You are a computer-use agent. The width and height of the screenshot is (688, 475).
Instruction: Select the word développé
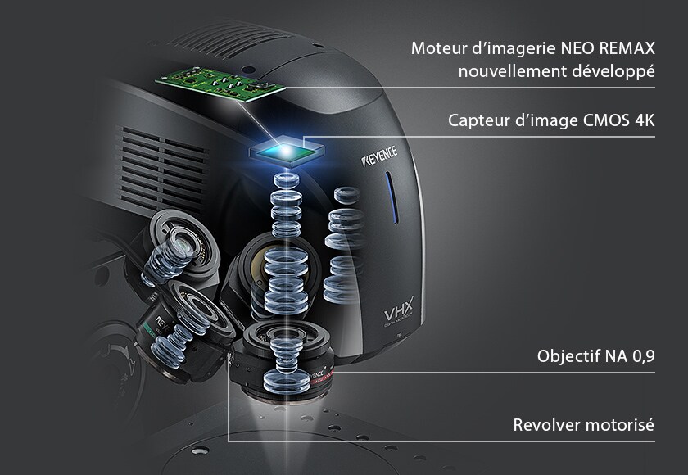pyautogui.click(x=611, y=72)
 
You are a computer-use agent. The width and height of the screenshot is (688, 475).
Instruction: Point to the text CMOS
pyautogui.click(x=605, y=121)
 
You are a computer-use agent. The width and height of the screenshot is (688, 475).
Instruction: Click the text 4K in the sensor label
pyautogui.click(x=644, y=121)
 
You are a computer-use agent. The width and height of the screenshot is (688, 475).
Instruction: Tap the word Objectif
pyautogui.click(x=567, y=357)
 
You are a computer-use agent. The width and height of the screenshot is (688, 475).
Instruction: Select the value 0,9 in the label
pyautogui.click(x=642, y=357)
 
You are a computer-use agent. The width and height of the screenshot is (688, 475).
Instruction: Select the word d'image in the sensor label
pyautogui.click(x=544, y=121)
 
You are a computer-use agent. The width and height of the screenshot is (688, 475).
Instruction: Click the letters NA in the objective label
pyautogui.click(x=612, y=357)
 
